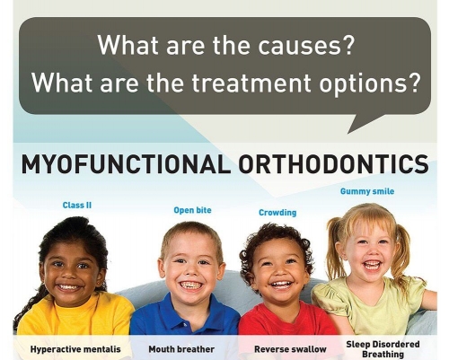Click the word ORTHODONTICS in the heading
tap(330, 165)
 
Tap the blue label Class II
tap(77, 205)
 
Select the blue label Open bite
tap(192, 211)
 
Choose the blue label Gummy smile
tap(366, 191)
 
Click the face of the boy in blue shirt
tap(190, 269)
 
